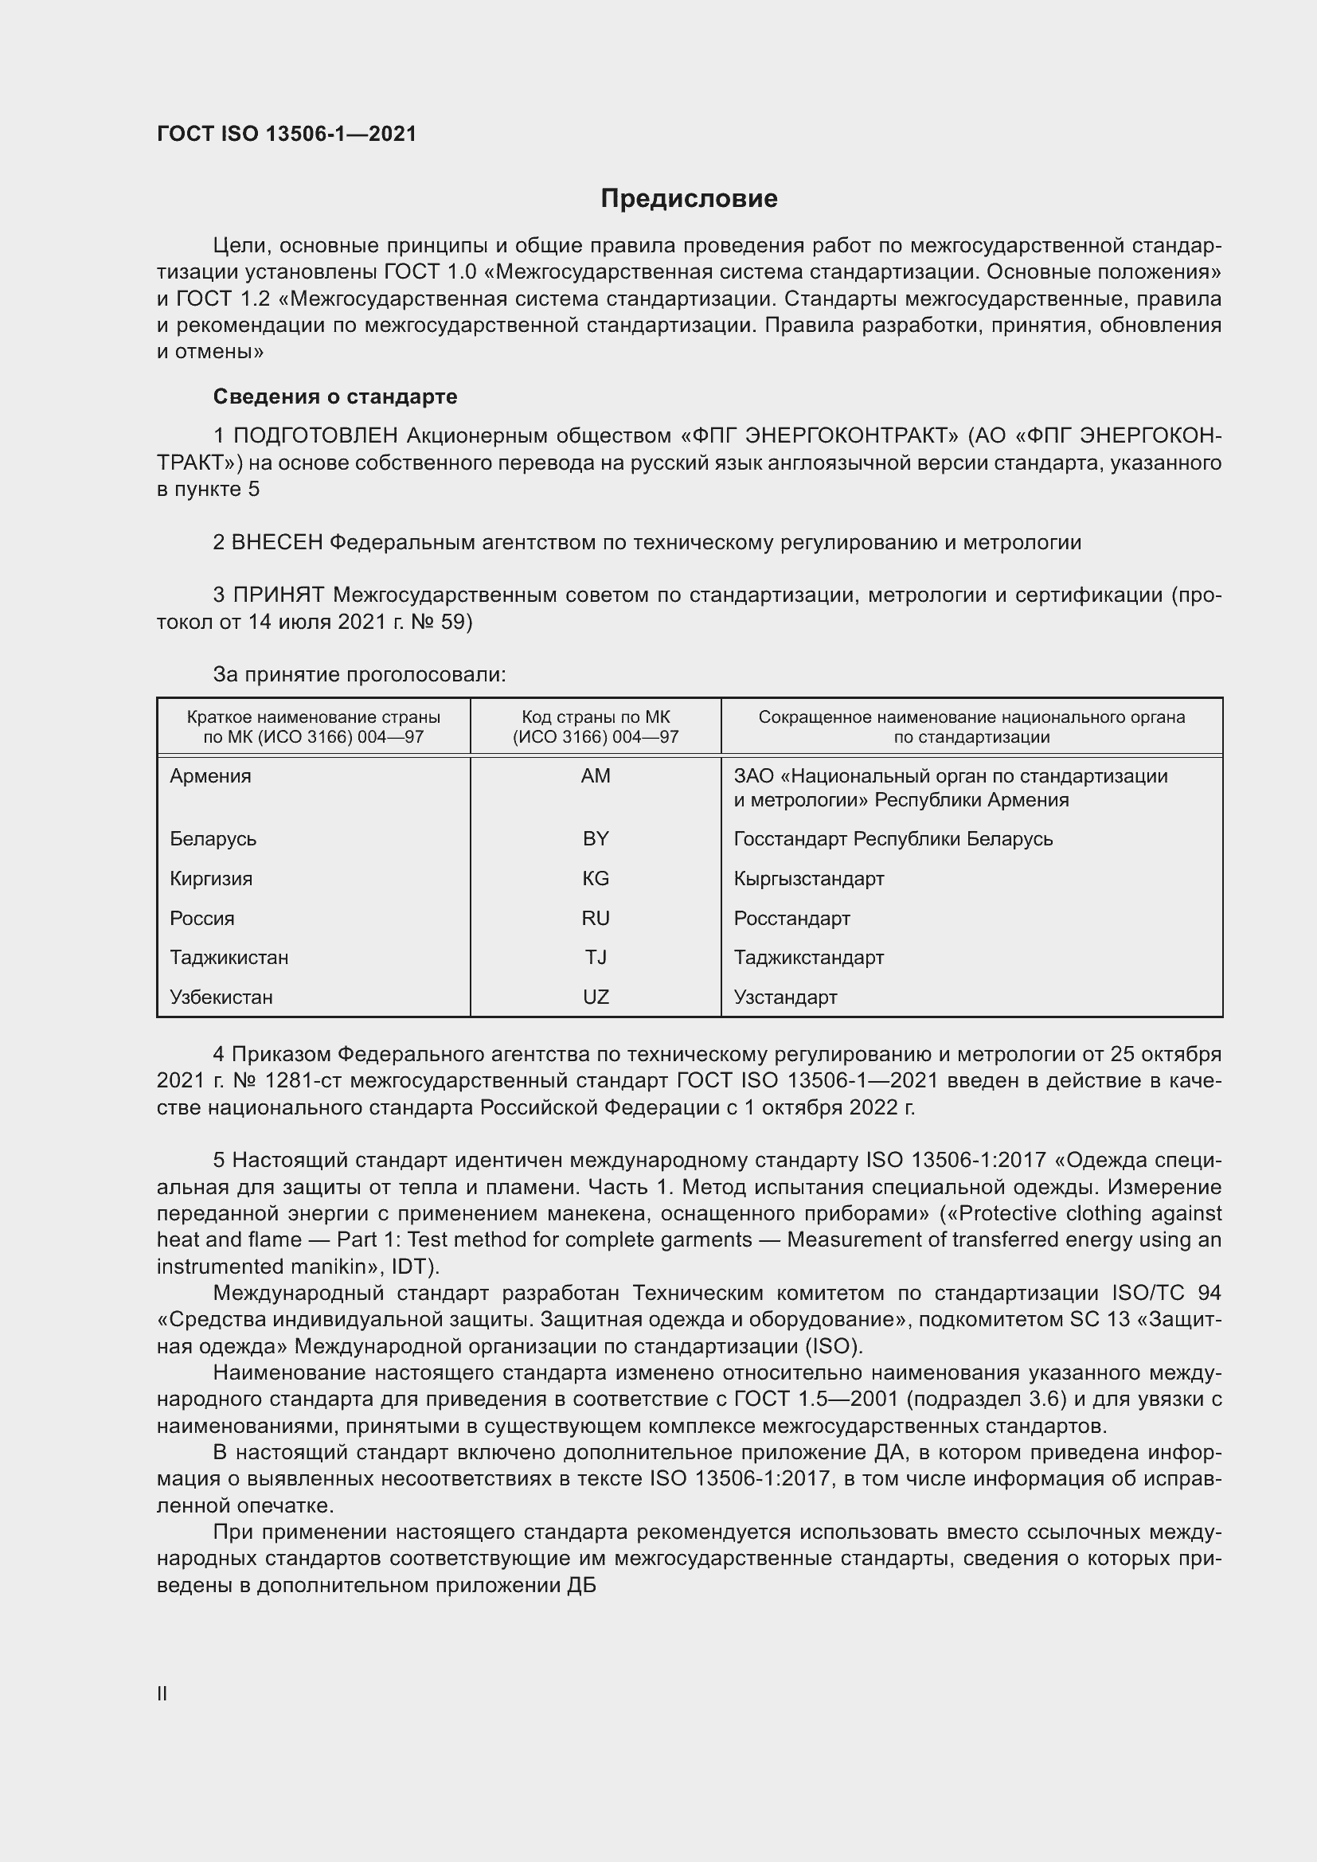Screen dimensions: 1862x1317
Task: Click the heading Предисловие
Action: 689,199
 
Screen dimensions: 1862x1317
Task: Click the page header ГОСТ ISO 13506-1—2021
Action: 287,134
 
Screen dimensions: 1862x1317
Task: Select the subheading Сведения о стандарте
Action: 335,396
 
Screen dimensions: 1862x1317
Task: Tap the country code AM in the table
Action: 596,776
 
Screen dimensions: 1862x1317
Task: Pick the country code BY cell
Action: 596,838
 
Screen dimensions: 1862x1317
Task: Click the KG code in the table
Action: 596,878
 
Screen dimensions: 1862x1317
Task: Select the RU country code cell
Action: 596,918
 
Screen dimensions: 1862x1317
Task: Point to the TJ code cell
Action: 596,957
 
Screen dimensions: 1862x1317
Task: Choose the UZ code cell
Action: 596,997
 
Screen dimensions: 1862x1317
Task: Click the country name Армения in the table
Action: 211,776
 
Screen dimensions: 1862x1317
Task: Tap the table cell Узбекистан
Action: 221,997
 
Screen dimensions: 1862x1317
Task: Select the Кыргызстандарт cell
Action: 808,878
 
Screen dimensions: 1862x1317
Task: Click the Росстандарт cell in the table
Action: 791,918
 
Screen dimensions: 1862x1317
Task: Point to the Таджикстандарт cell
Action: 808,957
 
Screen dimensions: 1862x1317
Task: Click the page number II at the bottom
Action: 162,1693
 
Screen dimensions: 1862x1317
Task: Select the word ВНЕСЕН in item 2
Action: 276,543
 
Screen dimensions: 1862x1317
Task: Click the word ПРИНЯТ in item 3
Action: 278,595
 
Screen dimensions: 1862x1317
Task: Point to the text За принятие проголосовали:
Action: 359,675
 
